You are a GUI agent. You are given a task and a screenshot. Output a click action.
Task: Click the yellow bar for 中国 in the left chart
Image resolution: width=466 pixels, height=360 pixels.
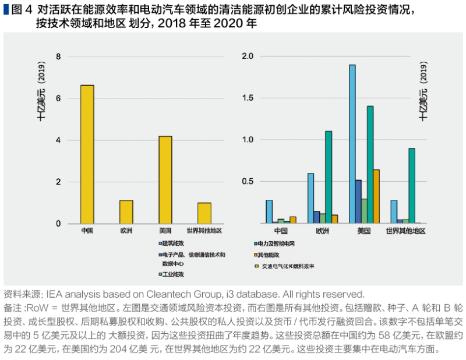coord(87,154)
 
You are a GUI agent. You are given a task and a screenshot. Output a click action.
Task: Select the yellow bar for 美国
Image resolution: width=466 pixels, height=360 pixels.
coord(165,180)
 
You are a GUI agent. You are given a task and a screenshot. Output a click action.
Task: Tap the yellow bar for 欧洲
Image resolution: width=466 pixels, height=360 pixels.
coord(126,212)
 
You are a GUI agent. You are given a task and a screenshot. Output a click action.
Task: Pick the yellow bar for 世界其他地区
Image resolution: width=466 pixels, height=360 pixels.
coord(204,213)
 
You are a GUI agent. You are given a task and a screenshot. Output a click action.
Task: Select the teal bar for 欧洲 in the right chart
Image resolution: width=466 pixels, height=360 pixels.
coord(329,177)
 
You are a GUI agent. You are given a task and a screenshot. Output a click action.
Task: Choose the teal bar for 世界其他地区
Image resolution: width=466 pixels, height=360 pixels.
coord(412,186)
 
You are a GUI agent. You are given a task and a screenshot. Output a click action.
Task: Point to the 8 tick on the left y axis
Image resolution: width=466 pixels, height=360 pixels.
coord(58,57)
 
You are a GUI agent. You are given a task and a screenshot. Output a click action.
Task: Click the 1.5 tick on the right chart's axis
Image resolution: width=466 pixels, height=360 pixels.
coord(248,98)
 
